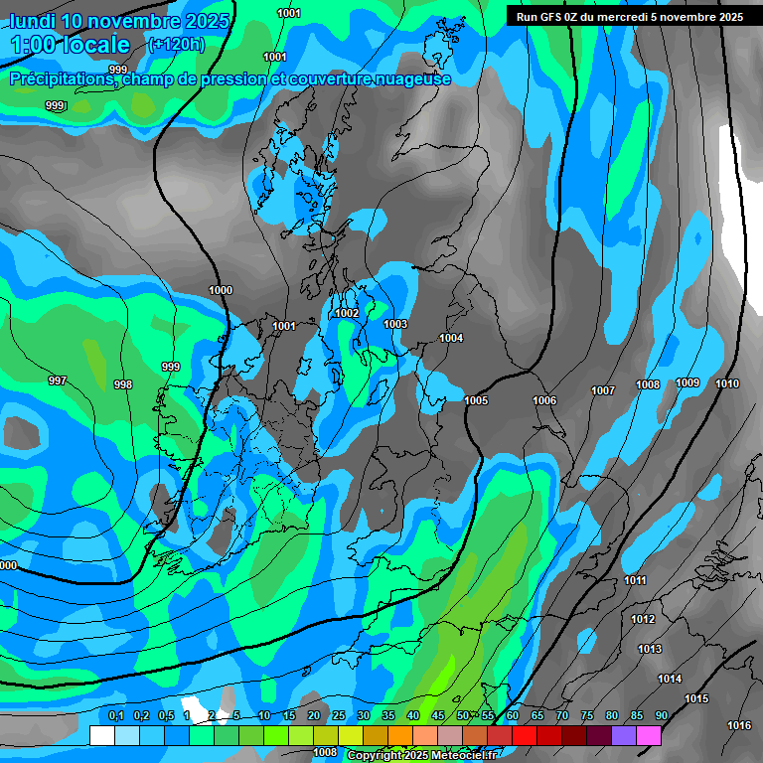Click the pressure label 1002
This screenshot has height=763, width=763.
point(347,313)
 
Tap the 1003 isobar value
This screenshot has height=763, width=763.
point(395,324)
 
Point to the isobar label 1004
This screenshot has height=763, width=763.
point(451,338)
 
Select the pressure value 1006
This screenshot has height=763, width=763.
point(544,400)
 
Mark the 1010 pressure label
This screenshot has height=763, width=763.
point(727,383)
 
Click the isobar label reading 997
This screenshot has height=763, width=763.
point(58,381)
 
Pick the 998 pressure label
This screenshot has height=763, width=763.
point(123,384)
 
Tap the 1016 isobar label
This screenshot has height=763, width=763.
point(739,725)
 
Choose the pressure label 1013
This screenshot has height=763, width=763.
point(650,649)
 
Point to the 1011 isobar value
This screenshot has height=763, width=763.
point(636,580)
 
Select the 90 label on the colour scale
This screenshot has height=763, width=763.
point(661,715)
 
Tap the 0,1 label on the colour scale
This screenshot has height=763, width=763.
point(116,715)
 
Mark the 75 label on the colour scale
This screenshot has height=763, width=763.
point(587,715)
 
